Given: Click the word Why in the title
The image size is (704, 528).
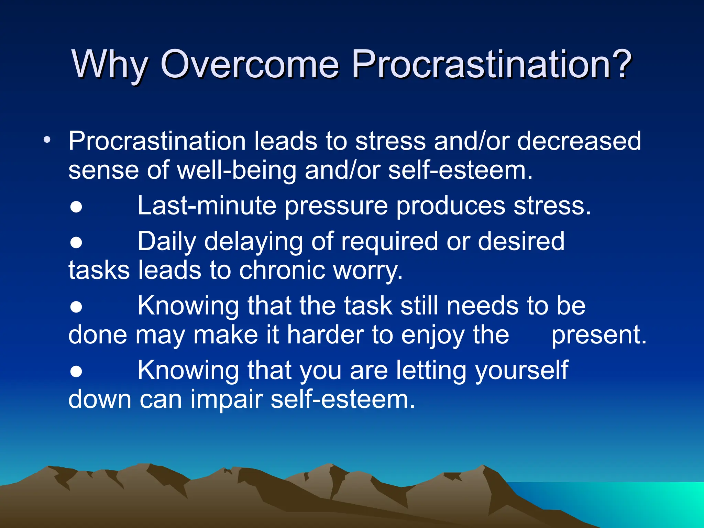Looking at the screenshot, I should (x=109, y=65).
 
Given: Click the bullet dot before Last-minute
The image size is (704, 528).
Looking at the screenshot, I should (x=76, y=207).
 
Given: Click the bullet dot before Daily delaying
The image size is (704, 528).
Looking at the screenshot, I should (x=76, y=242).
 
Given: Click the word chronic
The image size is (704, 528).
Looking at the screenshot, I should (x=282, y=270).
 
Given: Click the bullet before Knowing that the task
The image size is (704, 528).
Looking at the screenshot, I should (x=76, y=307).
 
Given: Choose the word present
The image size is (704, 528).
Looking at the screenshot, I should (x=598, y=335).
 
